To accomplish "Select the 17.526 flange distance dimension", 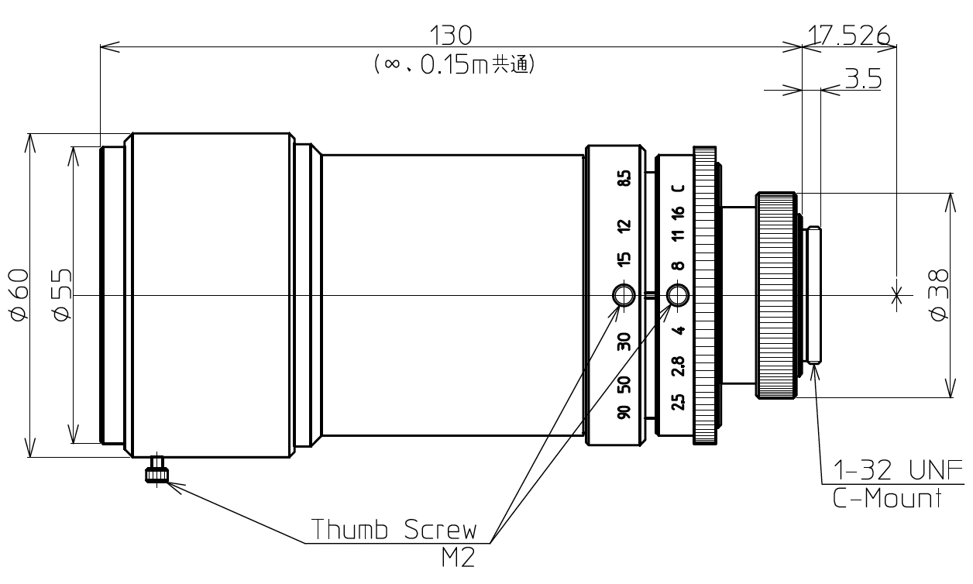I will pos(849,35).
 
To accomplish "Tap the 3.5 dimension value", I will pos(862,80).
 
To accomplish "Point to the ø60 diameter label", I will pos(18,294).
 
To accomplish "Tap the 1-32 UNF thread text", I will pos(897,469).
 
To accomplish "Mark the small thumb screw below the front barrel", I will pos(156,472).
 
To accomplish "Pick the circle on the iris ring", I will pos(678,294).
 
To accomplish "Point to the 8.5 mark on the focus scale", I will pos(624,178).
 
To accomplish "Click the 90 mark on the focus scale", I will pos(624,411).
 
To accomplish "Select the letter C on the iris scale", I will pos(678,187).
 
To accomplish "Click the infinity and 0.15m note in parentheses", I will pos(453,65).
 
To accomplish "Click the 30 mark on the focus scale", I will pos(624,342).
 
